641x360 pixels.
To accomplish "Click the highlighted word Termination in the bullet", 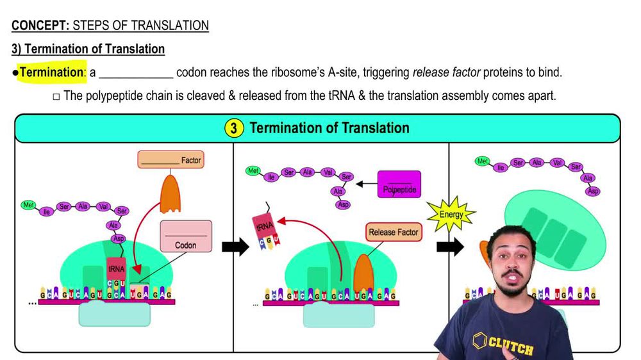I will [x=51, y=72].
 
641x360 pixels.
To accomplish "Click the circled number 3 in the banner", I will [x=233, y=128].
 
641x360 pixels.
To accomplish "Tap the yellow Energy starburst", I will [x=451, y=214].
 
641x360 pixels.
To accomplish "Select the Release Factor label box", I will [x=394, y=233].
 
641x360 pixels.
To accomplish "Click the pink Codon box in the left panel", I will [x=185, y=236].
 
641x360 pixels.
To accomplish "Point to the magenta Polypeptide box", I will [x=399, y=184].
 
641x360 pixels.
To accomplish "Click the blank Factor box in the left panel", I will [x=171, y=160].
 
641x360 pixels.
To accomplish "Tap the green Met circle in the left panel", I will [x=28, y=206].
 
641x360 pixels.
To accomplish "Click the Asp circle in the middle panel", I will [x=343, y=204].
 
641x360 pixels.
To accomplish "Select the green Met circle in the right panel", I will [x=482, y=161].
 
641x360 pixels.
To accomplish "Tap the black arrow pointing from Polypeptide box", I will [x=367, y=184].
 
